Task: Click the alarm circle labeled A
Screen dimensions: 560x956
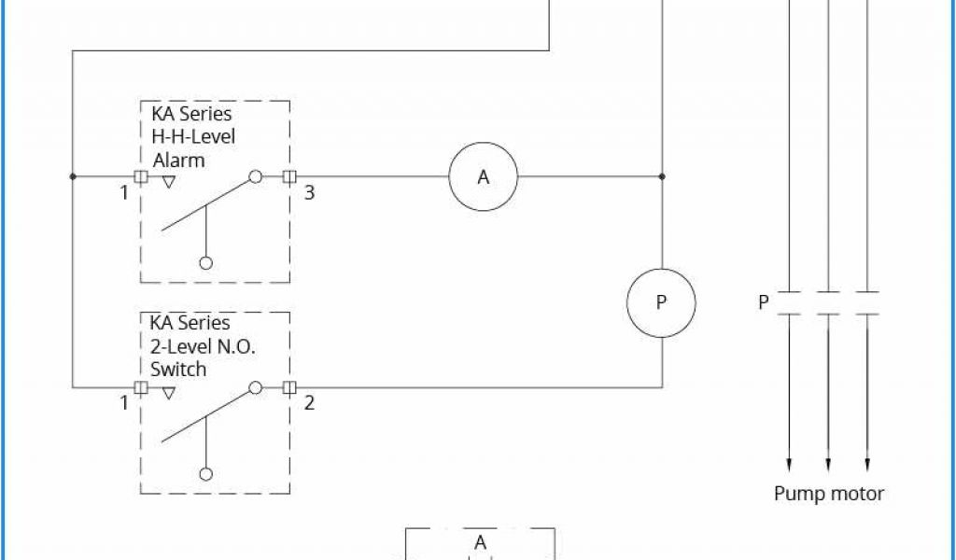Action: pyautogui.click(x=483, y=176)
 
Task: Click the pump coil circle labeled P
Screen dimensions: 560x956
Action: pyautogui.click(x=661, y=302)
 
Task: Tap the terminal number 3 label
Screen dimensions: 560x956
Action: pyautogui.click(x=310, y=193)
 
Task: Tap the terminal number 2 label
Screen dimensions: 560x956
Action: pyautogui.click(x=310, y=403)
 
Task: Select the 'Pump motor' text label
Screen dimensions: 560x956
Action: pyautogui.click(x=828, y=494)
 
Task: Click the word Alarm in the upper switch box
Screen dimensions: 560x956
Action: pyautogui.click(x=178, y=160)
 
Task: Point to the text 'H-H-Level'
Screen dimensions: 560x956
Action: pyautogui.click(x=194, y=136)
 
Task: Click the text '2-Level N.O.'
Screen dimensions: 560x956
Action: pyautogui.click(x=203, y=346)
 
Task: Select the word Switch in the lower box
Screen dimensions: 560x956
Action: pyautogui.click(x=178, y=370)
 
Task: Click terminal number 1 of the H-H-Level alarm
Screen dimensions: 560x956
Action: pyautogui.click(x=123, y=193)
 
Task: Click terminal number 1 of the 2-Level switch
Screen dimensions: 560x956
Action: pyautogui.click(x=123, y=403)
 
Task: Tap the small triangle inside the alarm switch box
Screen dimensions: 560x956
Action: pyautogui.click(x=168, y=183)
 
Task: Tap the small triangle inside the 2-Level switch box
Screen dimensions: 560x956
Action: pyautogui.click(x=168, y=393)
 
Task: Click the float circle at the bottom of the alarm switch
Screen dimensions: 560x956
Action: pyautogui.click(x=206, y=263)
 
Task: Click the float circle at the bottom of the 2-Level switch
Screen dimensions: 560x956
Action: pyautogui.click(x=206, y=473)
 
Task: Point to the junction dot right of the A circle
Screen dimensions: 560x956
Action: pyautogui.click(x=661, y=176)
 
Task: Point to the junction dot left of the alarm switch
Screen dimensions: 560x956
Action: pyautogui.click(x=73, y=176)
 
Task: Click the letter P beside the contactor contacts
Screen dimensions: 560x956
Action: pyautogui.click(x=764, y=302)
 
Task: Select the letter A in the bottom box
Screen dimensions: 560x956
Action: pyautogui.click(x=480, y=542)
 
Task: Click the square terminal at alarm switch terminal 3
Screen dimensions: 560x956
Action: pyautogui.click(x=289, y=176)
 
